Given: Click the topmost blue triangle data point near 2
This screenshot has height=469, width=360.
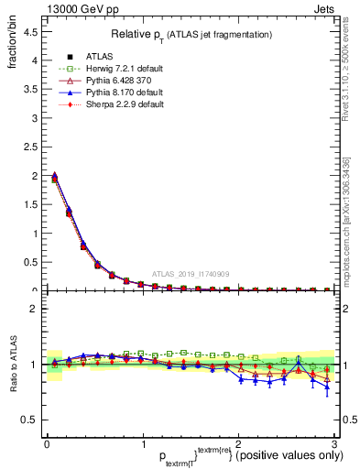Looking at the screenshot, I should click(x=55, y=175).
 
